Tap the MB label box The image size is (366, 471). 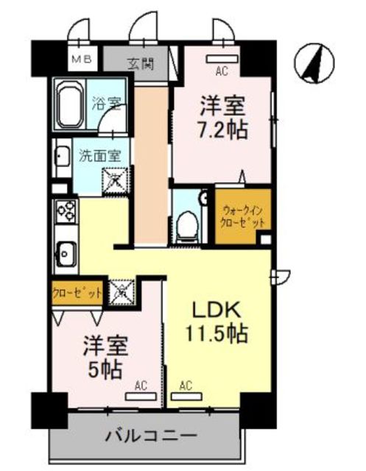click(82, 59)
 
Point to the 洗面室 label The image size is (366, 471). click(100, 156)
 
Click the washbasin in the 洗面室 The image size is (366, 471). click(62, 157)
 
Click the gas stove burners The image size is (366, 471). click(66, 211)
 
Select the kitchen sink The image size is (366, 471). click(66, 253)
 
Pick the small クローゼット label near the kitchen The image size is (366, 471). click(77, 293)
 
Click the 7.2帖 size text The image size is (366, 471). click(222, 130)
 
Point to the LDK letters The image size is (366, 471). click(217, 310)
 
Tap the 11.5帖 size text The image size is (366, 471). click(217, 333)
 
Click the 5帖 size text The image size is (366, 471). click(105, 369)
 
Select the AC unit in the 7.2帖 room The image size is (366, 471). click(222, 59)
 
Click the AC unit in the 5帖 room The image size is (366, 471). click(141, 397)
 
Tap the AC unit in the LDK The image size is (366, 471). click(186, 397)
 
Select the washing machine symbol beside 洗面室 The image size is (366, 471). click(116, 181)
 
